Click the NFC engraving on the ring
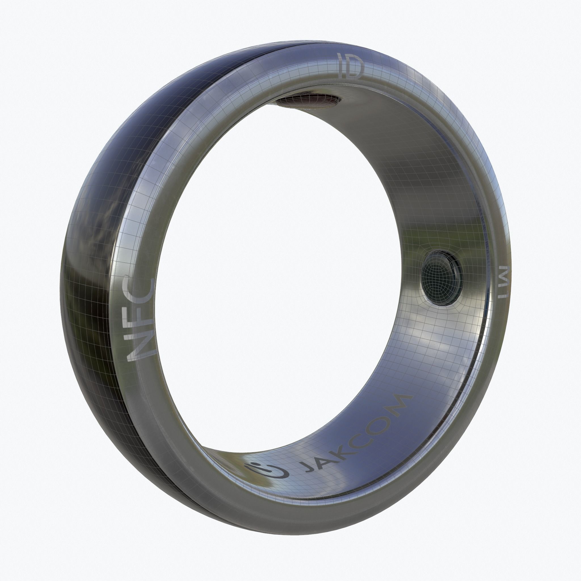(x=141, y=321)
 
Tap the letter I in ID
(x=340, y=64)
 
